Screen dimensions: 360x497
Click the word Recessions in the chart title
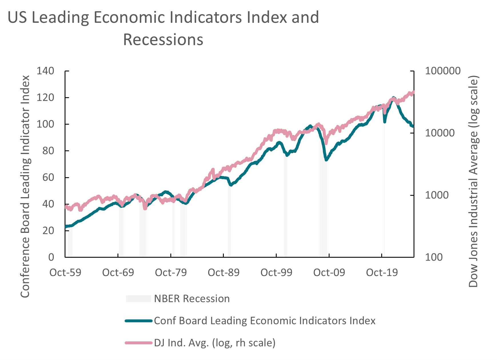[x=163, y=40]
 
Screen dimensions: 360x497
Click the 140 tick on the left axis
[x=45, y=71]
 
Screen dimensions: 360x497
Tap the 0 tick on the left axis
[x=51, y=257]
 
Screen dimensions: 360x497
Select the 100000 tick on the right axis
[x=443, y=71]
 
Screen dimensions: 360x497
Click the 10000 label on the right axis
[x=440, y=133]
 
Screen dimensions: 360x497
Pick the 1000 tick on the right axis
[x=437, y=195]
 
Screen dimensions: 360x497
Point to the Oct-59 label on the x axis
[x=65, y=273]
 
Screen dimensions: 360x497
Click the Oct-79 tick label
[x=171, y=273]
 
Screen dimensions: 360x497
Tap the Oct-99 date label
[x=276, y=273]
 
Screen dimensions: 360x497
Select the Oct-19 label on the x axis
[x=382, y=273]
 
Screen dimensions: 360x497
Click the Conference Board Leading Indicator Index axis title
[x=25, y=186]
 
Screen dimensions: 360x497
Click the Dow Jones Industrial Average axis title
[x=473, y=181]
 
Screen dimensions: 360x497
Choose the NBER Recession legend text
[x=192, y=299]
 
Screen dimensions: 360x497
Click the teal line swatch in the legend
[x=138, y=321]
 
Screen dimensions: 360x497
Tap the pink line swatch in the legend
[x=138, y=343]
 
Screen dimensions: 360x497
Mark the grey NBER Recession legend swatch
[x=138, y=299]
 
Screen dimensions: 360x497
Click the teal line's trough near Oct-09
[x=326, y=160]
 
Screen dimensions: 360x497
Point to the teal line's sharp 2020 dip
[x=385, y=122]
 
